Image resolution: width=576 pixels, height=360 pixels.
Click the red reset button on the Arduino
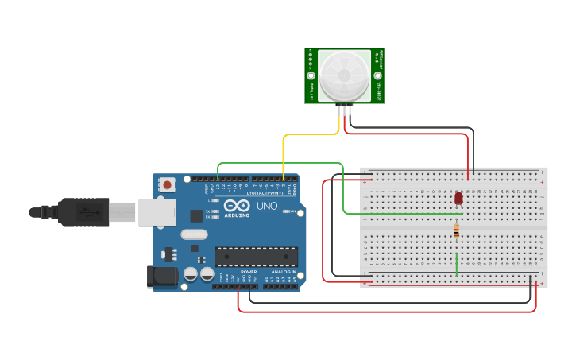[x=167, y=185]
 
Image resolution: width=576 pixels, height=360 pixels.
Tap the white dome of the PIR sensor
[x=345, y=75]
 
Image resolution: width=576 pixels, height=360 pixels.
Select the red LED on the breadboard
[x=458, y=199]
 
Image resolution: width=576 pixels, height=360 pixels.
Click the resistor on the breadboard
[x=456, y=231]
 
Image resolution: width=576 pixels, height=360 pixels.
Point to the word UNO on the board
[x=267, y=206]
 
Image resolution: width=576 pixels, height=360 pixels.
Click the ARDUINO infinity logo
[x=237, y=206]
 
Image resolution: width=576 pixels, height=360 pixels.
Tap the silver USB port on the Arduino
[x=157, y=212]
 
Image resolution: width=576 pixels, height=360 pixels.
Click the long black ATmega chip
[x=256, y=257]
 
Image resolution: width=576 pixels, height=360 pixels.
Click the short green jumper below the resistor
[x=456, y=264]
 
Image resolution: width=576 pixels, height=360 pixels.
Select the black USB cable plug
[x=83, y=212]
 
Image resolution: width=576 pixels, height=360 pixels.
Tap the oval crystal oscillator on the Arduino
[x=194, y=234]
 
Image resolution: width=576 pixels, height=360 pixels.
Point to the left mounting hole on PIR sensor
[x=311, y=75]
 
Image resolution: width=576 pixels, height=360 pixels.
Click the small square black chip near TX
[x=195, y=215]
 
